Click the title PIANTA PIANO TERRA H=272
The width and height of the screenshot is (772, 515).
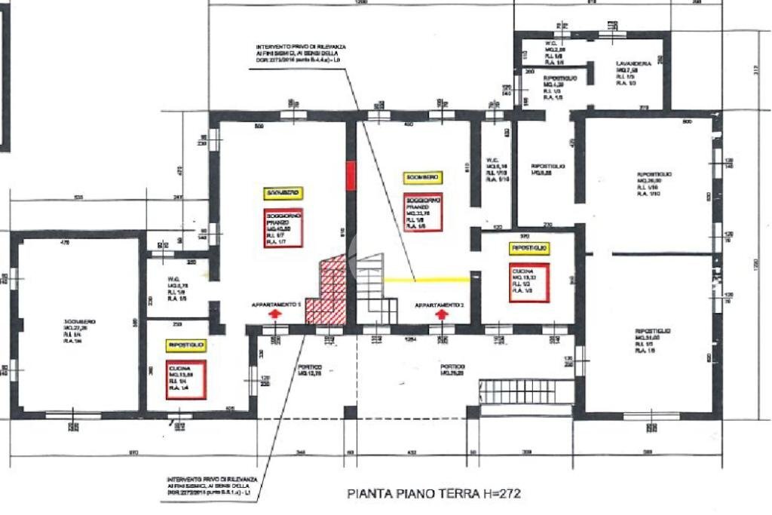coord(433,495)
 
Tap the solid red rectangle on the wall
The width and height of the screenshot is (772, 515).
coord(350,175)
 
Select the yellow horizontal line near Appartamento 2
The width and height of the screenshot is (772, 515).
coord(427,280)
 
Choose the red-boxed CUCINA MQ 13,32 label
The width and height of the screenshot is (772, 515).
coord(528,281)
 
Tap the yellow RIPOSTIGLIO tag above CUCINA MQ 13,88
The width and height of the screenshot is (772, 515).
coord(185,345)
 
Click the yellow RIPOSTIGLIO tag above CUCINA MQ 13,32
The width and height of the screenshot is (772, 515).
coord(529,248)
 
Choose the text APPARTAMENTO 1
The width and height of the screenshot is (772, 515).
coord(277,304)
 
